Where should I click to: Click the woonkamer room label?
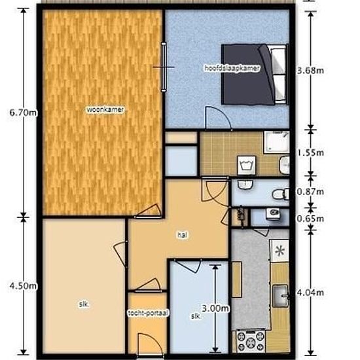tap(105, 110)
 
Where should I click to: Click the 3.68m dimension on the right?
tap(310, 71)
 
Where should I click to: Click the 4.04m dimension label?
tap(310, 293)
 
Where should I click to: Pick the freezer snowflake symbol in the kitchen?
tap(280, 250)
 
